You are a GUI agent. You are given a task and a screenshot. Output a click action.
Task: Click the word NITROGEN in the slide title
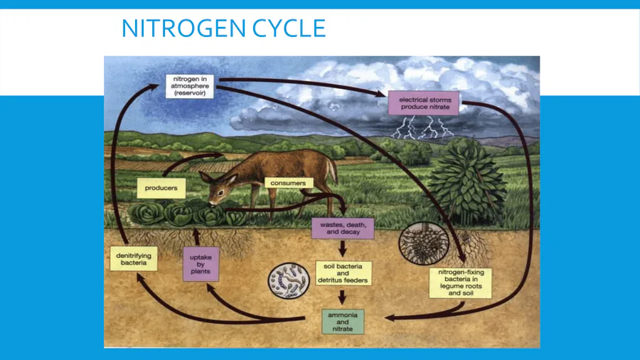click(x=183, y=28)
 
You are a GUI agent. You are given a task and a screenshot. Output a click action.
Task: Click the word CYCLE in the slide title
click(x=289, y=28)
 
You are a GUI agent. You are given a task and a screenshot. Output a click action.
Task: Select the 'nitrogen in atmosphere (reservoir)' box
click(x=190, y=86)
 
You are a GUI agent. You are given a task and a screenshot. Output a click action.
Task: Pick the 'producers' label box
click(x=161, y=188)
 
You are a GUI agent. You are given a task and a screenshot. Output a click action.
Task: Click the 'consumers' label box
click(x=288, y=184)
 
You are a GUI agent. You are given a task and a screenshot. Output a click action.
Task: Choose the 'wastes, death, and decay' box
click(x=343, y=228)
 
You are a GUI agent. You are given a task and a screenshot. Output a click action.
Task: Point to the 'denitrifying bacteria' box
click(x=134, y=259)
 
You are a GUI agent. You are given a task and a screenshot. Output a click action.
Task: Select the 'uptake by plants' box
click(x=201, y=264)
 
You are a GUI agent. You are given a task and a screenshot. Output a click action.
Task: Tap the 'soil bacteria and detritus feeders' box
click(x=343, y=273)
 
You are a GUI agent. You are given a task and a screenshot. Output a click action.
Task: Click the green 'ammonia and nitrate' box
click(x=343, y=322)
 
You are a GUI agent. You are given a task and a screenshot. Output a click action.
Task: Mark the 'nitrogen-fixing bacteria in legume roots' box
click(x=460, y=283)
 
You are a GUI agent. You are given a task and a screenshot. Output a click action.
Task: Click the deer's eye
click(x=221, y=192)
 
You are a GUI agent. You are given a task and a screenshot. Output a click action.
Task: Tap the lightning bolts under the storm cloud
click(x=422, y=127)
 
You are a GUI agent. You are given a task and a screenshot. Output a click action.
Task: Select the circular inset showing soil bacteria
click(x=289, y=281)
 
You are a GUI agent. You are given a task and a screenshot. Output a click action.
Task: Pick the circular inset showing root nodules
click(x=424, y=243)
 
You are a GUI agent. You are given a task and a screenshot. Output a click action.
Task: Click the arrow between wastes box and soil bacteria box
click(x=343, y=248)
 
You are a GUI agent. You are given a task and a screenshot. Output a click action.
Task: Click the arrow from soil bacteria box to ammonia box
click(x=343, y=297)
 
